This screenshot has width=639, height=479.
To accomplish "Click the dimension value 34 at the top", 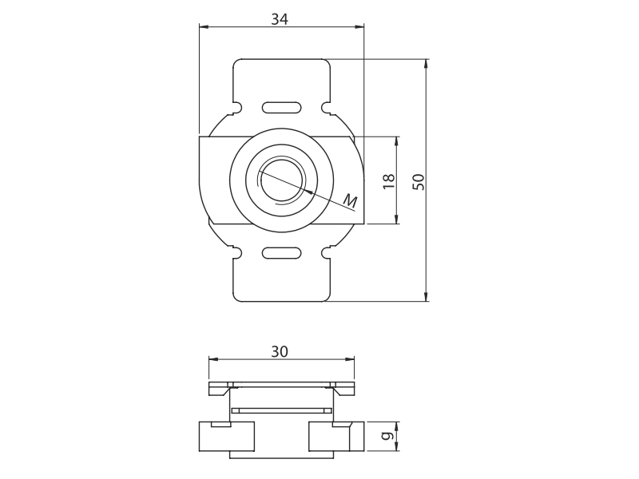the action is (280, 18).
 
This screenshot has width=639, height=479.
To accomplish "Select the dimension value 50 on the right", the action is (419, 182).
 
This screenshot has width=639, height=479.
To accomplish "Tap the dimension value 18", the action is (389, 181).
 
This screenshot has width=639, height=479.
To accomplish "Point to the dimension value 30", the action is (280, 351).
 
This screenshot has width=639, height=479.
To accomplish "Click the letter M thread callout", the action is (350, 200).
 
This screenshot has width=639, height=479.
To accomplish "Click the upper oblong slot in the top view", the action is (282, 108).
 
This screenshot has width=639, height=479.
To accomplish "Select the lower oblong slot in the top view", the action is (282, 253).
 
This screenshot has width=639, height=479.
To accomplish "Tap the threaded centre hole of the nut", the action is (282, 180).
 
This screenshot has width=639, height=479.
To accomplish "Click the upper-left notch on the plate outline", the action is (237, 108).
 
